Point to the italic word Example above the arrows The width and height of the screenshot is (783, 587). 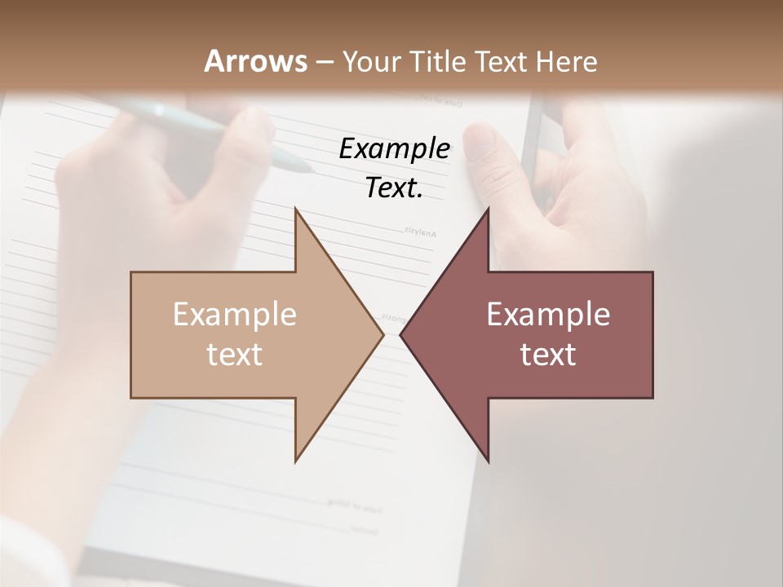(x=394, y=149)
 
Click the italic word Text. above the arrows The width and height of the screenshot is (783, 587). (x=394, y=188)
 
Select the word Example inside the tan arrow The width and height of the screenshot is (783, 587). (x=235, y=314)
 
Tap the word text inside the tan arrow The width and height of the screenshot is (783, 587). (x=235, y=354)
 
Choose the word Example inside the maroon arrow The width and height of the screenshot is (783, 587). (x=548, y=314)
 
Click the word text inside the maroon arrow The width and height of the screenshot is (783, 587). (x=548, y=354)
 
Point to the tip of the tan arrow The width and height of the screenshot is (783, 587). (x=383, y=334)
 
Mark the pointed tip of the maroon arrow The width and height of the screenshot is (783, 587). (x=400, y=334)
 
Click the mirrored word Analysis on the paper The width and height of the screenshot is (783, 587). (x=419, y=233)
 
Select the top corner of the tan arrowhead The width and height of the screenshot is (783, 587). (x=296, y=209)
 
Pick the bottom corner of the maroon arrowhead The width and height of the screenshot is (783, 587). (x=489, y=461)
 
